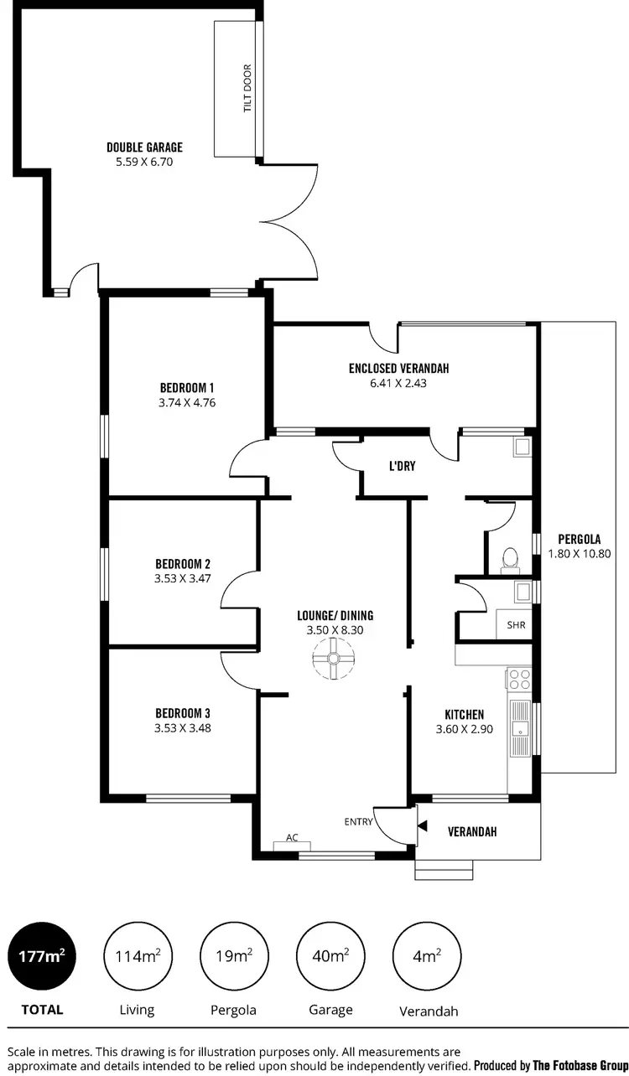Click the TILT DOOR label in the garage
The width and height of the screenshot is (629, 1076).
click(x=247, y=90)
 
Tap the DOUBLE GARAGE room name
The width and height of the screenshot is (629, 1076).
click(x=144, y=147)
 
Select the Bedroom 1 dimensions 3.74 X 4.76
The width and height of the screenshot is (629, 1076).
click(x=188, y=402)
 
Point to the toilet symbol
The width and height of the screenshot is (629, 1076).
click(x=508, y=559)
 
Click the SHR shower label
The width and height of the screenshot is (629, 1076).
click(x=515, y=625)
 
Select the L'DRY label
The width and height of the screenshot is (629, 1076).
click(x=402, y=466)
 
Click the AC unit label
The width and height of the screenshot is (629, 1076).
click(x=292, y=837)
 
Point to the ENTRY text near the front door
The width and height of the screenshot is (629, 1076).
click(x=358, y=822)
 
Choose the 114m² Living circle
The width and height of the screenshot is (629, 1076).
click(x=137, y=956)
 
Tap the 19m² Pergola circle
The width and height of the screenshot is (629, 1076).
click(x=233, y=956)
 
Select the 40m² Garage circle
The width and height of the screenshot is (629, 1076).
click(x=330, y=956)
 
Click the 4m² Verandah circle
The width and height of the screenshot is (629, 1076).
click(x=427, y=956)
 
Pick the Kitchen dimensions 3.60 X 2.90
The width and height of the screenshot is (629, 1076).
click(x=464, y=729)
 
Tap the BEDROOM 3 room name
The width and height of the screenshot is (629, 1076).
click(x=182, y=713)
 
